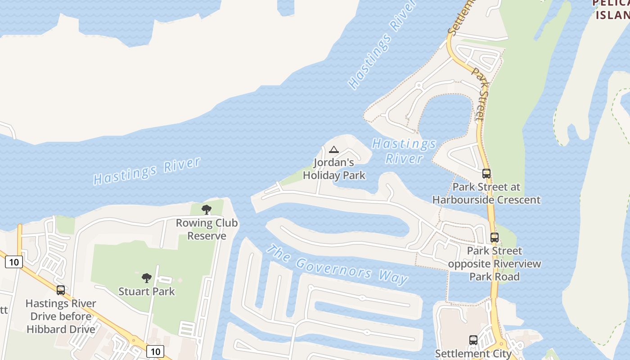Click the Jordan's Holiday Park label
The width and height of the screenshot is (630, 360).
[334, 169]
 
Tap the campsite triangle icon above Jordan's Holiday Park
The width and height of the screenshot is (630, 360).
[333, 149]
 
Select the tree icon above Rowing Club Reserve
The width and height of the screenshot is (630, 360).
[207, 209]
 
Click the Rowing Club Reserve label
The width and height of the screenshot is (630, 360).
[207, 229]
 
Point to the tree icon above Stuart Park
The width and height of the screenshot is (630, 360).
[146, 278]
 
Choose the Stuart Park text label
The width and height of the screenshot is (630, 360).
[146, 292]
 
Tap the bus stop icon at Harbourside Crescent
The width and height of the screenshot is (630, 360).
[486, 174]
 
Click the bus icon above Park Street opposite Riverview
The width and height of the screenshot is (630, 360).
[494, 237]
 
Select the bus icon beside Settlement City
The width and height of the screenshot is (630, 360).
[473, 340]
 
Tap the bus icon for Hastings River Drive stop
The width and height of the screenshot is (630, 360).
[61, 290]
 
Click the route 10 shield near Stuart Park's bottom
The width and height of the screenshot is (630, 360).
[155, 351]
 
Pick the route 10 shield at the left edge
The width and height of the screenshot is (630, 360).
[13, 261]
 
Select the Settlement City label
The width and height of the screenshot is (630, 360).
[473, 354]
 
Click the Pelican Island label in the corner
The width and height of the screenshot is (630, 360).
[612, 9]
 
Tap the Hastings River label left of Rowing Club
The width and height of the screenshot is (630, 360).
[147, 171]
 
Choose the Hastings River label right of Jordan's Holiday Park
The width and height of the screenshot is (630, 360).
[404, 151]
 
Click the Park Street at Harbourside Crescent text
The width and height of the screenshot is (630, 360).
[486, 193]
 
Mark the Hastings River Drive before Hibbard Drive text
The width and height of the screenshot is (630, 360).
[61, 316]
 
